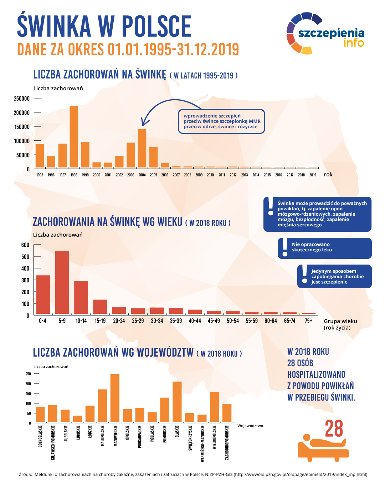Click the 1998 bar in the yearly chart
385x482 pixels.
tap(74, 137)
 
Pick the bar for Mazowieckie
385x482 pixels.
tap(115, 398)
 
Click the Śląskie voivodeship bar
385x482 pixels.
tap(177, 402)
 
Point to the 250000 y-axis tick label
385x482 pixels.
tap(22, 99)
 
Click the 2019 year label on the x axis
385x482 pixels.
tap(313, 175)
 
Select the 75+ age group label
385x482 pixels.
tap(308, 321)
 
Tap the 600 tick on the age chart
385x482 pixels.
tap(25, 245)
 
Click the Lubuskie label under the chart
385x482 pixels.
tap(78, 433)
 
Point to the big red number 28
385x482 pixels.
tap(334, 429)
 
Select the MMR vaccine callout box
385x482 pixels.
tap(221, 121)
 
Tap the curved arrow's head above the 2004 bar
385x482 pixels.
tap(143, 123)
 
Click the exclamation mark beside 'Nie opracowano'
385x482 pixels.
tap(284, 247)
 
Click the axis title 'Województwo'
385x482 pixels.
tap(250, 426)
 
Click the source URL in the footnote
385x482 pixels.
tap(300, 475)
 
